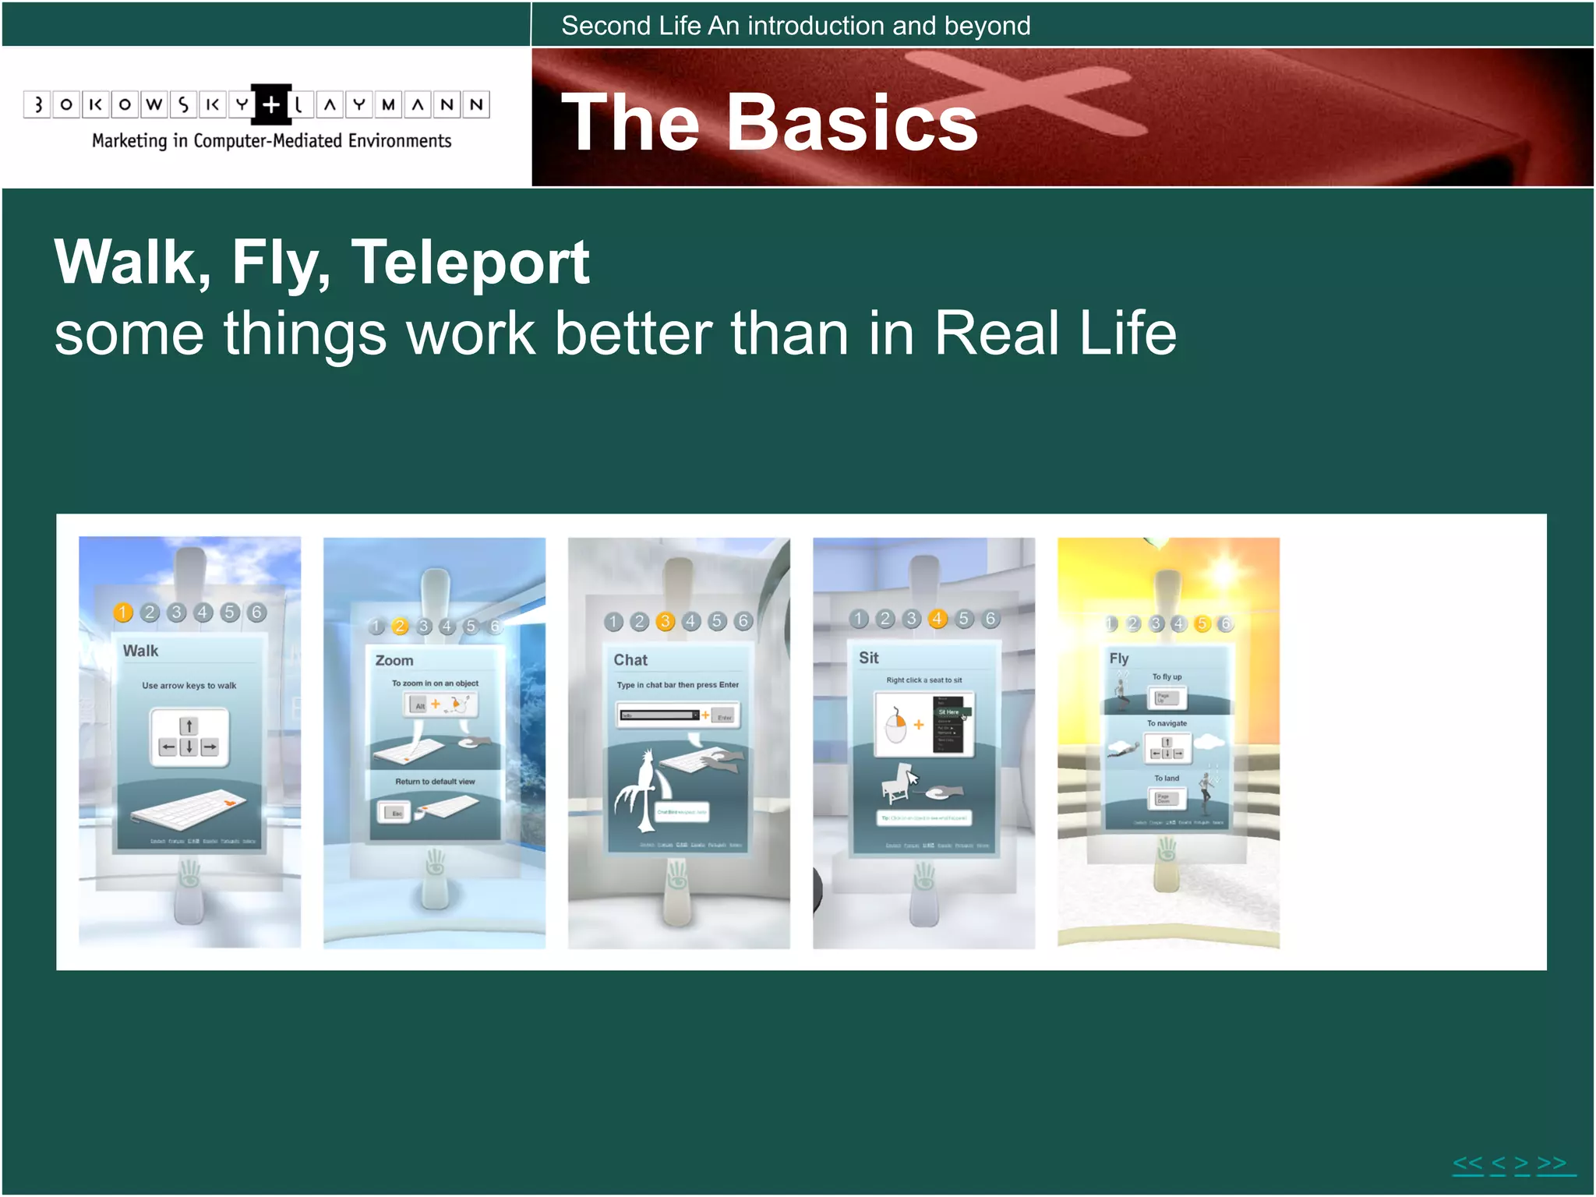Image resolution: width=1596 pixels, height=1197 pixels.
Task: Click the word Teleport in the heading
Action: [x=470, y=263]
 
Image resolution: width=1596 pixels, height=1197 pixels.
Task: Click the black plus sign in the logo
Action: [x=270, y=104]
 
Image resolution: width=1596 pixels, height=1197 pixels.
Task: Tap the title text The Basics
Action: [x=768, y=122]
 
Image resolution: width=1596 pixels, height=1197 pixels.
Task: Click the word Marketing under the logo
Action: [x=129, y=141]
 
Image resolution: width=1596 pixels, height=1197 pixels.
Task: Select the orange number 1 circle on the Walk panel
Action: [x=123, y=613]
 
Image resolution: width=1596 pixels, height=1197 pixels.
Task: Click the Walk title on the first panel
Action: [x=140, y=651]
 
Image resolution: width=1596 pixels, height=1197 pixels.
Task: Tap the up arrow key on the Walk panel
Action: [x=189, y=726]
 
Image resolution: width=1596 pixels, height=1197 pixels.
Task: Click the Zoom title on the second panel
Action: [x=394, y=661]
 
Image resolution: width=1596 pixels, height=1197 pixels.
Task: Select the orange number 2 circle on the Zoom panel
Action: [x=400, y=627]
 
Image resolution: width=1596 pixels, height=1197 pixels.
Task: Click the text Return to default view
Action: [x=435, y=782]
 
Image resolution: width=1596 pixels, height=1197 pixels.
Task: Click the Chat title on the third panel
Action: [x=630, y=660]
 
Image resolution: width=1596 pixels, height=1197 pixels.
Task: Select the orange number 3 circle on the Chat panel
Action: [x=665, y=621]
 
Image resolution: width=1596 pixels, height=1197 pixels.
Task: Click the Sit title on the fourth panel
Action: [x=868, y=658]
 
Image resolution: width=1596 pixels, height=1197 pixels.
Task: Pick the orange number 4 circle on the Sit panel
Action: [x=937, y=619]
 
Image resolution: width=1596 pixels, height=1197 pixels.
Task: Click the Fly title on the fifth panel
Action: [x=1118, y=659]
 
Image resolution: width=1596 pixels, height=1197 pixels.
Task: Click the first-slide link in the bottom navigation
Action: [x=1467, y=1163]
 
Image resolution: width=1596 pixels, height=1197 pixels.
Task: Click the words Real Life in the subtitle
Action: [x=1055, y=334]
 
